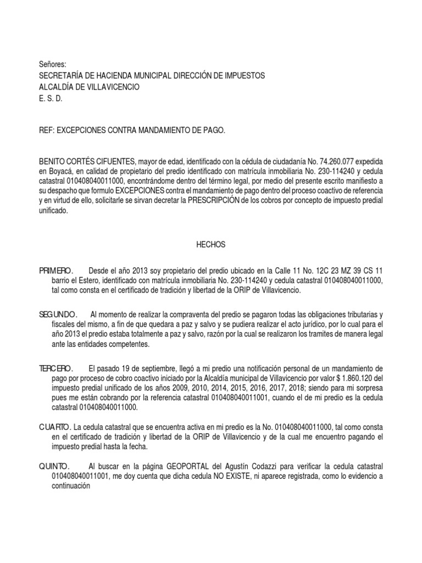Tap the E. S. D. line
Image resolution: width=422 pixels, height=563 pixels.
pos(50,98)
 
